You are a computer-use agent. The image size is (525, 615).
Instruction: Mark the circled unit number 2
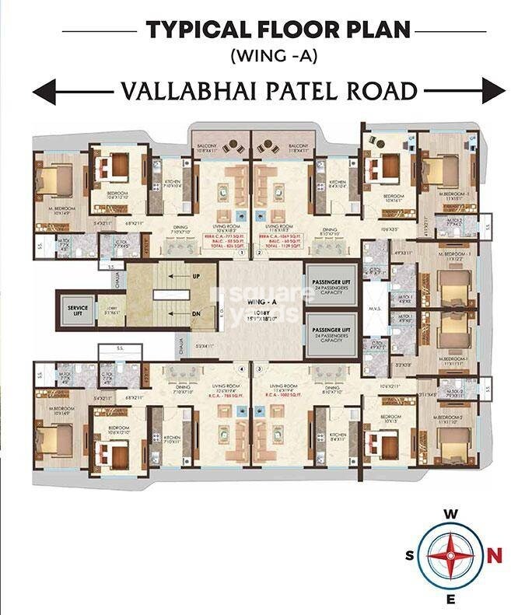(x=260, y=253)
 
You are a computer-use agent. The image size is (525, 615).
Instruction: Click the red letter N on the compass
(x=495, y=555)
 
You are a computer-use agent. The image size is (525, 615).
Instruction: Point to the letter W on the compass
(x=450, y=514)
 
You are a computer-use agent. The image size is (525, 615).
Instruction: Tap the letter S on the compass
(x=409, y=556)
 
